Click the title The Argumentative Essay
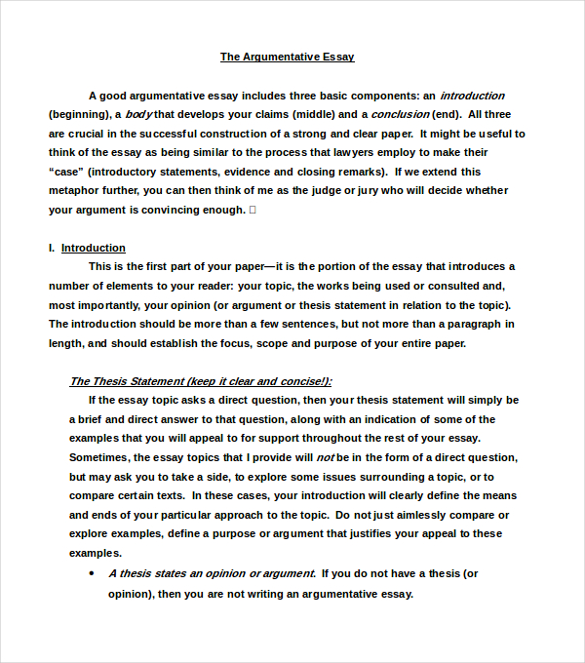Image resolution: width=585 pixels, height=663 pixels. (287, 57)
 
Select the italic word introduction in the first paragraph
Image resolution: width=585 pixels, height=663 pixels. (472, 96)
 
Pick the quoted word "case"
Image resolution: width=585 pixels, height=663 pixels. (66, 172)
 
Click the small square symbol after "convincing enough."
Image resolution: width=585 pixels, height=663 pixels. (253, 210)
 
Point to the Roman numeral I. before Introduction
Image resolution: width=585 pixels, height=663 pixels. (52, 248)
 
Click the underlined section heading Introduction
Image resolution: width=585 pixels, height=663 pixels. (94, 248)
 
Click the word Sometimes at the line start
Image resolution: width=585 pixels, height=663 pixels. (100, 457)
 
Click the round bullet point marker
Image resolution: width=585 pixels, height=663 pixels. (92, 573)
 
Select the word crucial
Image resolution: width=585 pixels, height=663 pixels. (93, 134)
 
